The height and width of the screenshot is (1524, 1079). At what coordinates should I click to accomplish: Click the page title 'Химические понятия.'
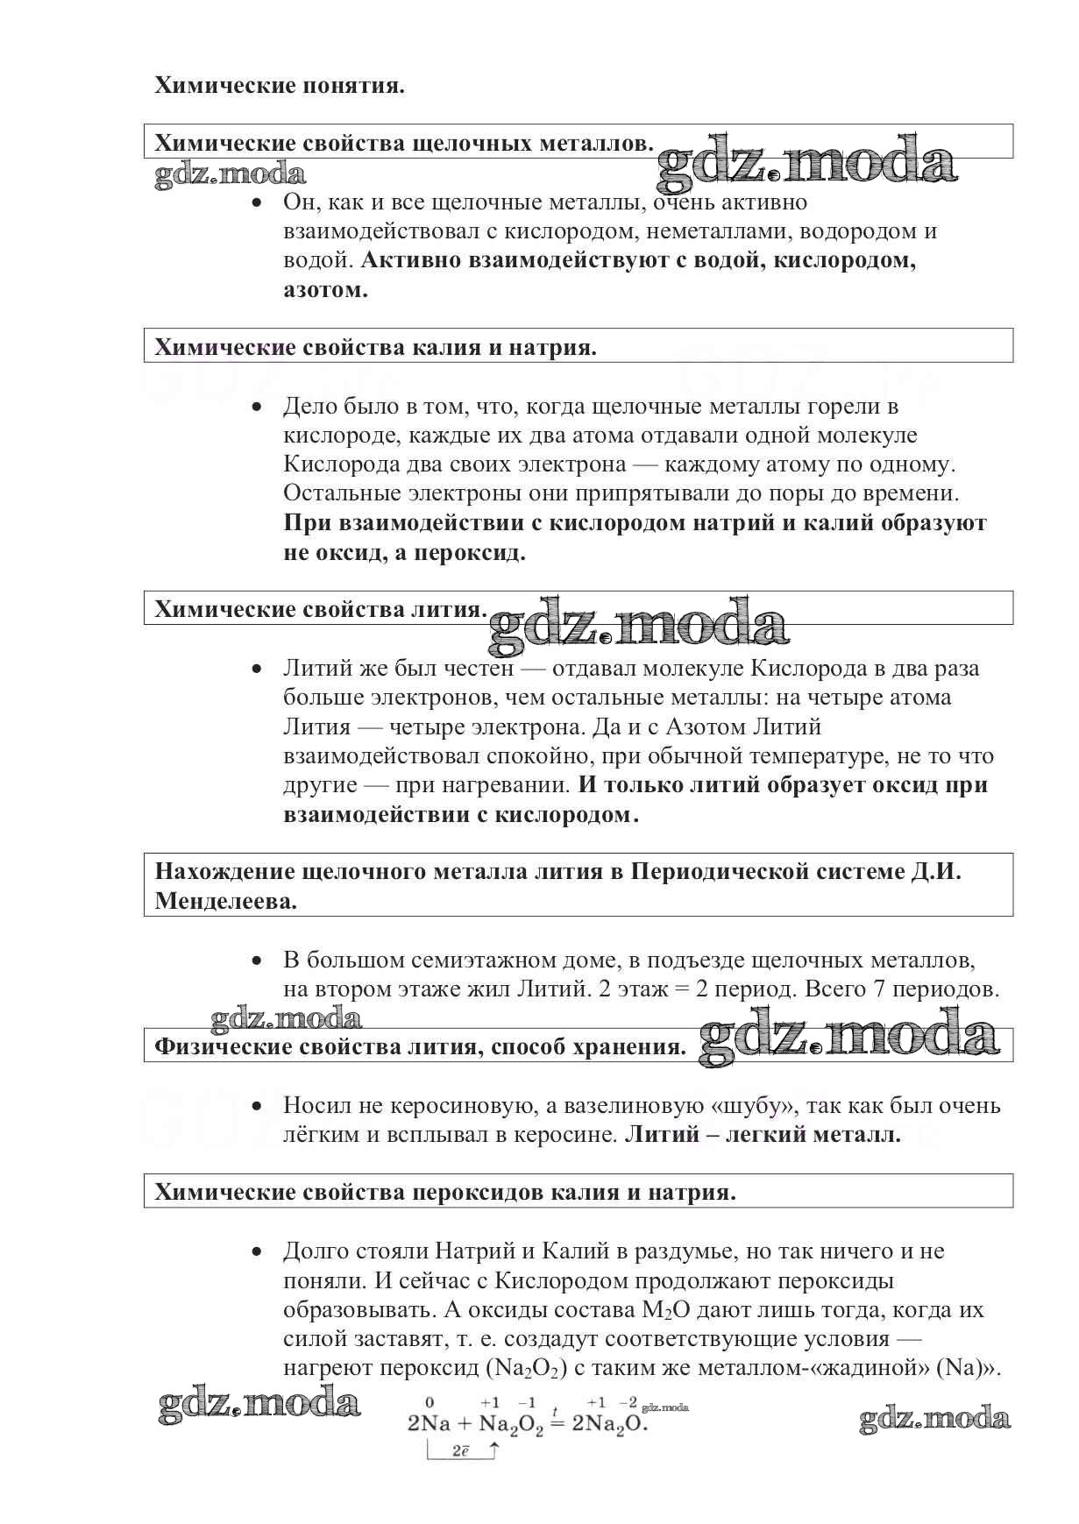coord(280,86)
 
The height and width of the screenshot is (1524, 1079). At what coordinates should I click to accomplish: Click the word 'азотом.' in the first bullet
coord(325,290)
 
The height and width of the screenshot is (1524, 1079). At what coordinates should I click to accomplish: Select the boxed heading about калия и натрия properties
coord(375,347)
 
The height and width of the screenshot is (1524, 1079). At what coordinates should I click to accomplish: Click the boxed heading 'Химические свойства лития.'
coord(321,609)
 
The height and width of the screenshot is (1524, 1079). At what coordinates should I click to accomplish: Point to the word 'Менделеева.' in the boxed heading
coord(226,901)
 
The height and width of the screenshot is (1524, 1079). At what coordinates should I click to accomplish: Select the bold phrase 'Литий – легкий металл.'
coord(763,1134)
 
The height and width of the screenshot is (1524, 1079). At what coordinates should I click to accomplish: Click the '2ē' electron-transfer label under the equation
coord(461,1451)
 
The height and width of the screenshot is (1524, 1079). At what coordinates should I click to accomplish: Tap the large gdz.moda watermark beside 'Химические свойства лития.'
coord(638,624)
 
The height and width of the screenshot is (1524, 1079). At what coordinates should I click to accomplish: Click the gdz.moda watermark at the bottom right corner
coord(934,1419)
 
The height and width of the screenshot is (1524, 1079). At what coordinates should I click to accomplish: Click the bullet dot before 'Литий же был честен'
coord(256,669)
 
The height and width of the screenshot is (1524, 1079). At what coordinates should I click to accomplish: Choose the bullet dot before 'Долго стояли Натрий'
coord(256,1251)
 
